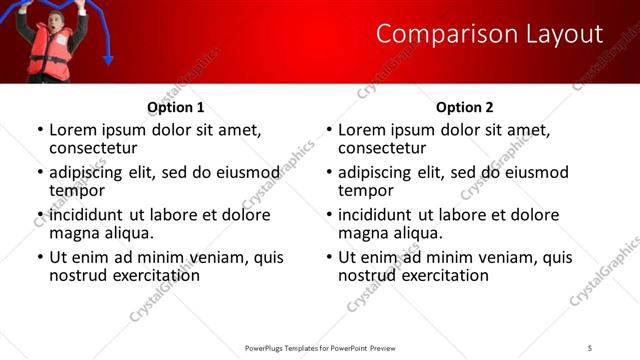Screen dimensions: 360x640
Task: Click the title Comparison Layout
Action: point(489,34)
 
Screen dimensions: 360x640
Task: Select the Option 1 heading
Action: point(176,107)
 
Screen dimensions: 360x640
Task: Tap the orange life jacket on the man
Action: point(46,51)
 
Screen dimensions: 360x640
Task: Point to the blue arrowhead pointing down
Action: point(109,60)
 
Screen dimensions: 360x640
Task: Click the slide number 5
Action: point(590,347)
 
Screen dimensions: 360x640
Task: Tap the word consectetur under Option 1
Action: point(92,148)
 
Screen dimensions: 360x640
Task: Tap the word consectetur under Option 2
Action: point(381,148)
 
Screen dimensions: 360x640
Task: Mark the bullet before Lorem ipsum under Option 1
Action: point(40,131)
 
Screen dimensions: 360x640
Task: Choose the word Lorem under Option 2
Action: point(361,130)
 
